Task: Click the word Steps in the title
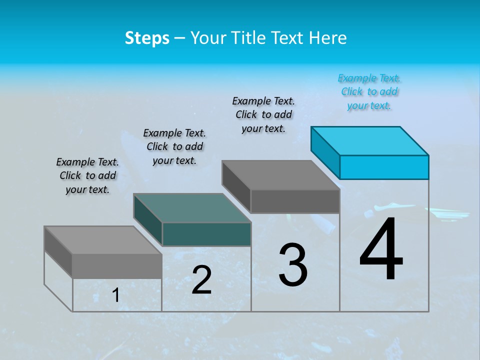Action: [x=147, y=38]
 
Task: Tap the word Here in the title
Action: [x=327, y=38]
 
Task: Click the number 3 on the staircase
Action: [x=293, y=264]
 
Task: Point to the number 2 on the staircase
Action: [x=201, y=280]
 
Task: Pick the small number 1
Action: [x=115, y=295]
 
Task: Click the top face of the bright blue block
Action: [x=370, y=141]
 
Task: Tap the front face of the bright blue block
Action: [x=384, y=167]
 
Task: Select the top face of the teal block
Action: [x=192, y=208]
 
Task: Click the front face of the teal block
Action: [x=206, y=234]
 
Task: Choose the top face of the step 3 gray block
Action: [x=281, y=175]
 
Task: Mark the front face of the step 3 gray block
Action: [x=295, y=201]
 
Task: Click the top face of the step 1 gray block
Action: [x=103, y=240]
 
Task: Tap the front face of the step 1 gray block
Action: [x=117, y=266]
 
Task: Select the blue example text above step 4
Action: [x=369, y=92]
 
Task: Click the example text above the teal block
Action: [x=174, y=147]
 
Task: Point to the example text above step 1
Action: [x=87, y=176]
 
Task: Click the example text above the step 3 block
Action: [x=263, y=115]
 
